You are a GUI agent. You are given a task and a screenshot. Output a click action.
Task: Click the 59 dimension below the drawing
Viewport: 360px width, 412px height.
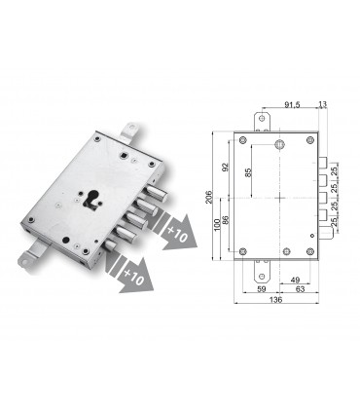click(260, 288)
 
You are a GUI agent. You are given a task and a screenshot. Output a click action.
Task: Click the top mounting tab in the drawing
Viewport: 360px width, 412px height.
click(261, 121)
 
